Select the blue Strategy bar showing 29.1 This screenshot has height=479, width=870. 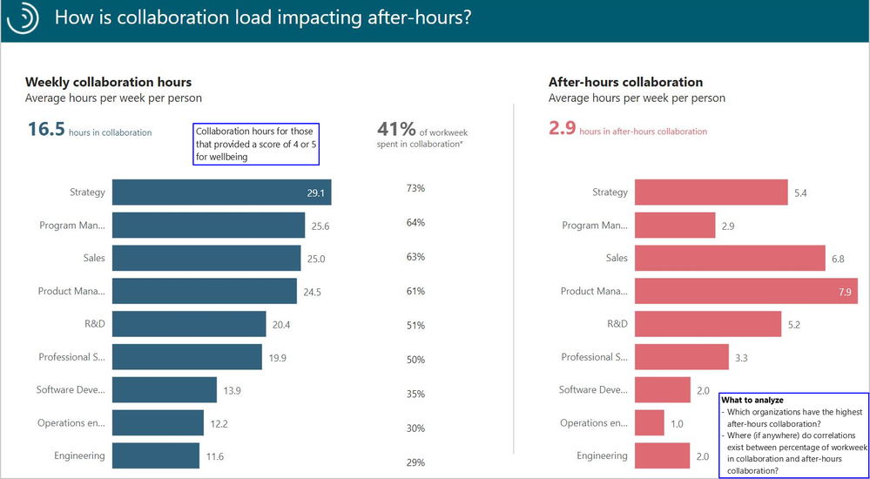point(221,192)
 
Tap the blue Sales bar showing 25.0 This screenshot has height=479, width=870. point(206,259)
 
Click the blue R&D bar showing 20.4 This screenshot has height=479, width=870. point(189,325)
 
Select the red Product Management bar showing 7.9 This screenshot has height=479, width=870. point(745,292)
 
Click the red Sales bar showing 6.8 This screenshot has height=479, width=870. point(730,259)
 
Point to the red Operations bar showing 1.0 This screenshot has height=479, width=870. point(650,423)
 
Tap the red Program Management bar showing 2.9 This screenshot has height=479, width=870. point(675,226)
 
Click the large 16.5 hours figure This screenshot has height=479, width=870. point(46,130)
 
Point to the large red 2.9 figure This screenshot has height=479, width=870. point(562,129)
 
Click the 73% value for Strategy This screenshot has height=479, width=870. point(415,188)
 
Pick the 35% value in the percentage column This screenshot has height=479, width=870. point(415,395)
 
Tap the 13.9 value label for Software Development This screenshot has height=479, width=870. point(232,391)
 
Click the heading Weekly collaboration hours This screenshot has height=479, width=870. point(108,82)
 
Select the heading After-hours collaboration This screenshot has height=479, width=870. point(625,82)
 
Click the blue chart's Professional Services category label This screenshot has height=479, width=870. point(71,357)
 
